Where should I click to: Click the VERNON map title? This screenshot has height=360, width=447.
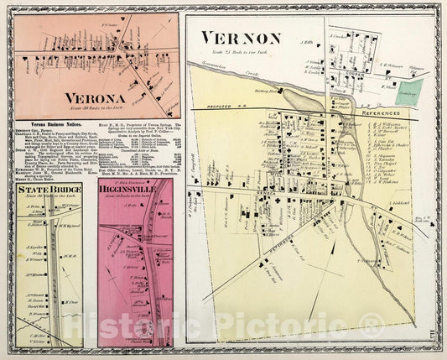coord(241,38)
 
